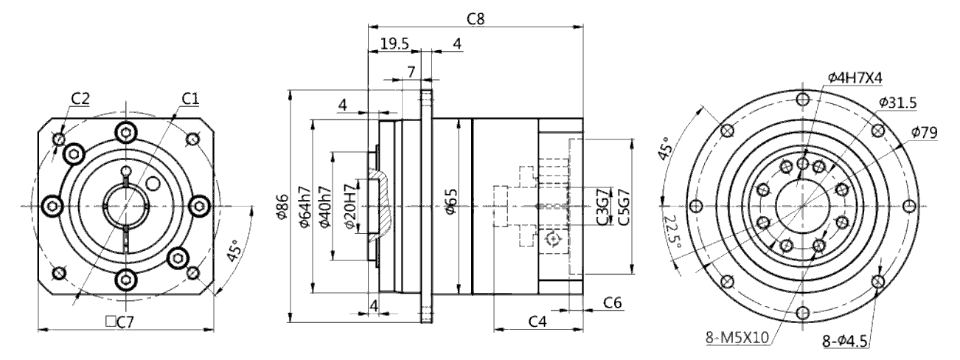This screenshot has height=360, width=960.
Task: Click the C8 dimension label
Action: (x=476, y=18)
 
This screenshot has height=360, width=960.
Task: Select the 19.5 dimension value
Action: (x=394, y=44)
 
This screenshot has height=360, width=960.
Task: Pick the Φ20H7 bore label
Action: (x=350, y=207)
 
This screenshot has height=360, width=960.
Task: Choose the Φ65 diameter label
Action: (x=451, y=201)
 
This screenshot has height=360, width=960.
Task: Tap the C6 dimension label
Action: (x=613, y=302)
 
